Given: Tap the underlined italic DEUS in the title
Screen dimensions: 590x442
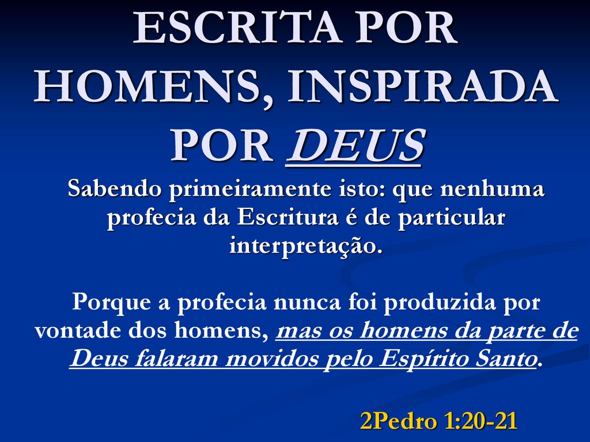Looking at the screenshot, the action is (355, 146).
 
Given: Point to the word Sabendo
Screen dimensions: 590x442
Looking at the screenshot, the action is (115, 188).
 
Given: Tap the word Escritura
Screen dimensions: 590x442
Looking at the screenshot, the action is (288, 217).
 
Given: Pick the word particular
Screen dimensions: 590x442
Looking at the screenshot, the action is (451, 218).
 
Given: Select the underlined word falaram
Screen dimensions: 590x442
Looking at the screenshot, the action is (176, 359).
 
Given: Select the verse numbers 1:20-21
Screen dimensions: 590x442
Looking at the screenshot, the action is (481, 421).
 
